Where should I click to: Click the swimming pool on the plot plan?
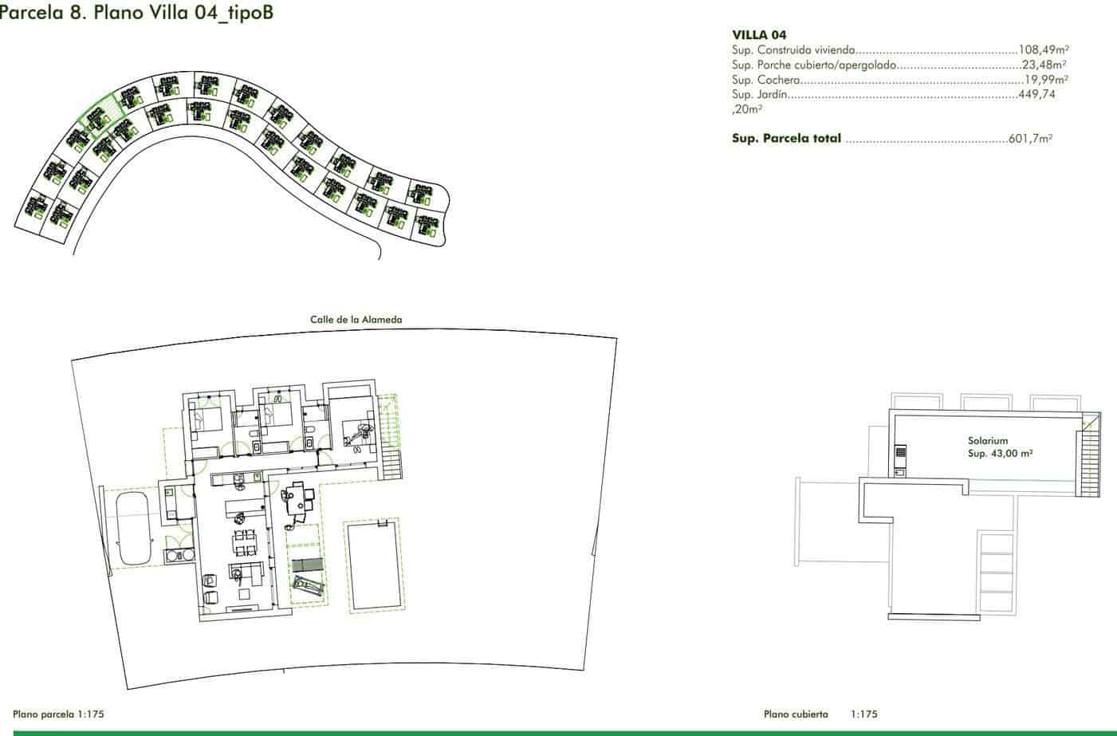point(374,566)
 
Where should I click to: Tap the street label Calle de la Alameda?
point(356,320)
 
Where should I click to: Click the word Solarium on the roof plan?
point(988,440)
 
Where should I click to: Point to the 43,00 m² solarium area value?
point(1001,453)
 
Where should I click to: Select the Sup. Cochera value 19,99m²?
point(1047,80)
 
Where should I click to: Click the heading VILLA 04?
point(759,35)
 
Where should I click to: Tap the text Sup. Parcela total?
point(786,139)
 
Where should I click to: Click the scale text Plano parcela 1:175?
point(59,714)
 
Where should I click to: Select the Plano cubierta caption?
point(796,714)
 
